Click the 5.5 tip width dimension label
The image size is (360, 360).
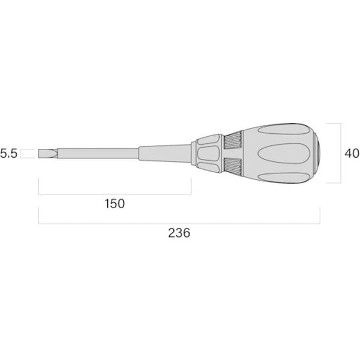[x=9, y=154]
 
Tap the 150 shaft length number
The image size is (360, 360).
[x=115, y=203]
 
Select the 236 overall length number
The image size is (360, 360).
[x=179, y=233]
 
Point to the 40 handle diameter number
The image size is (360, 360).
[x=352, y=153]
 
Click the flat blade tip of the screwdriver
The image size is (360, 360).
[x=47, y=154]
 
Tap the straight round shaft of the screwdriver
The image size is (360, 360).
[x=98, y=154]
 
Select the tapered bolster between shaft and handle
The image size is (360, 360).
[x=164, y=154]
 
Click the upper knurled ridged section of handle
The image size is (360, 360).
[x=233, y=140]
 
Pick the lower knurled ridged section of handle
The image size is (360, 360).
[x=233, y=167]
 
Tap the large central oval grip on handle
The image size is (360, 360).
[x=284, y=154]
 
